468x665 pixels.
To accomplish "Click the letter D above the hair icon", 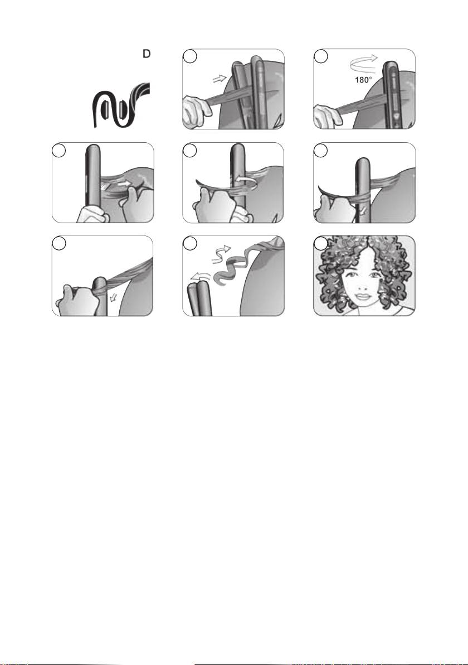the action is pos(146,54).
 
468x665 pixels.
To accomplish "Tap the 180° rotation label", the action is pos(363,80).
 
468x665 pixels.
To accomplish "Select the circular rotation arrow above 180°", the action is pos(364,64).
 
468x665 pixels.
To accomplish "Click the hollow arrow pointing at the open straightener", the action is pos(220,78).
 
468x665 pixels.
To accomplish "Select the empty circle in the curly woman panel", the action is pos(320,243).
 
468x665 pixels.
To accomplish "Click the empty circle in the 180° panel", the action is pos(321,56).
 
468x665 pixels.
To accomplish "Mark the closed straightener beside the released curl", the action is pos(199,300).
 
